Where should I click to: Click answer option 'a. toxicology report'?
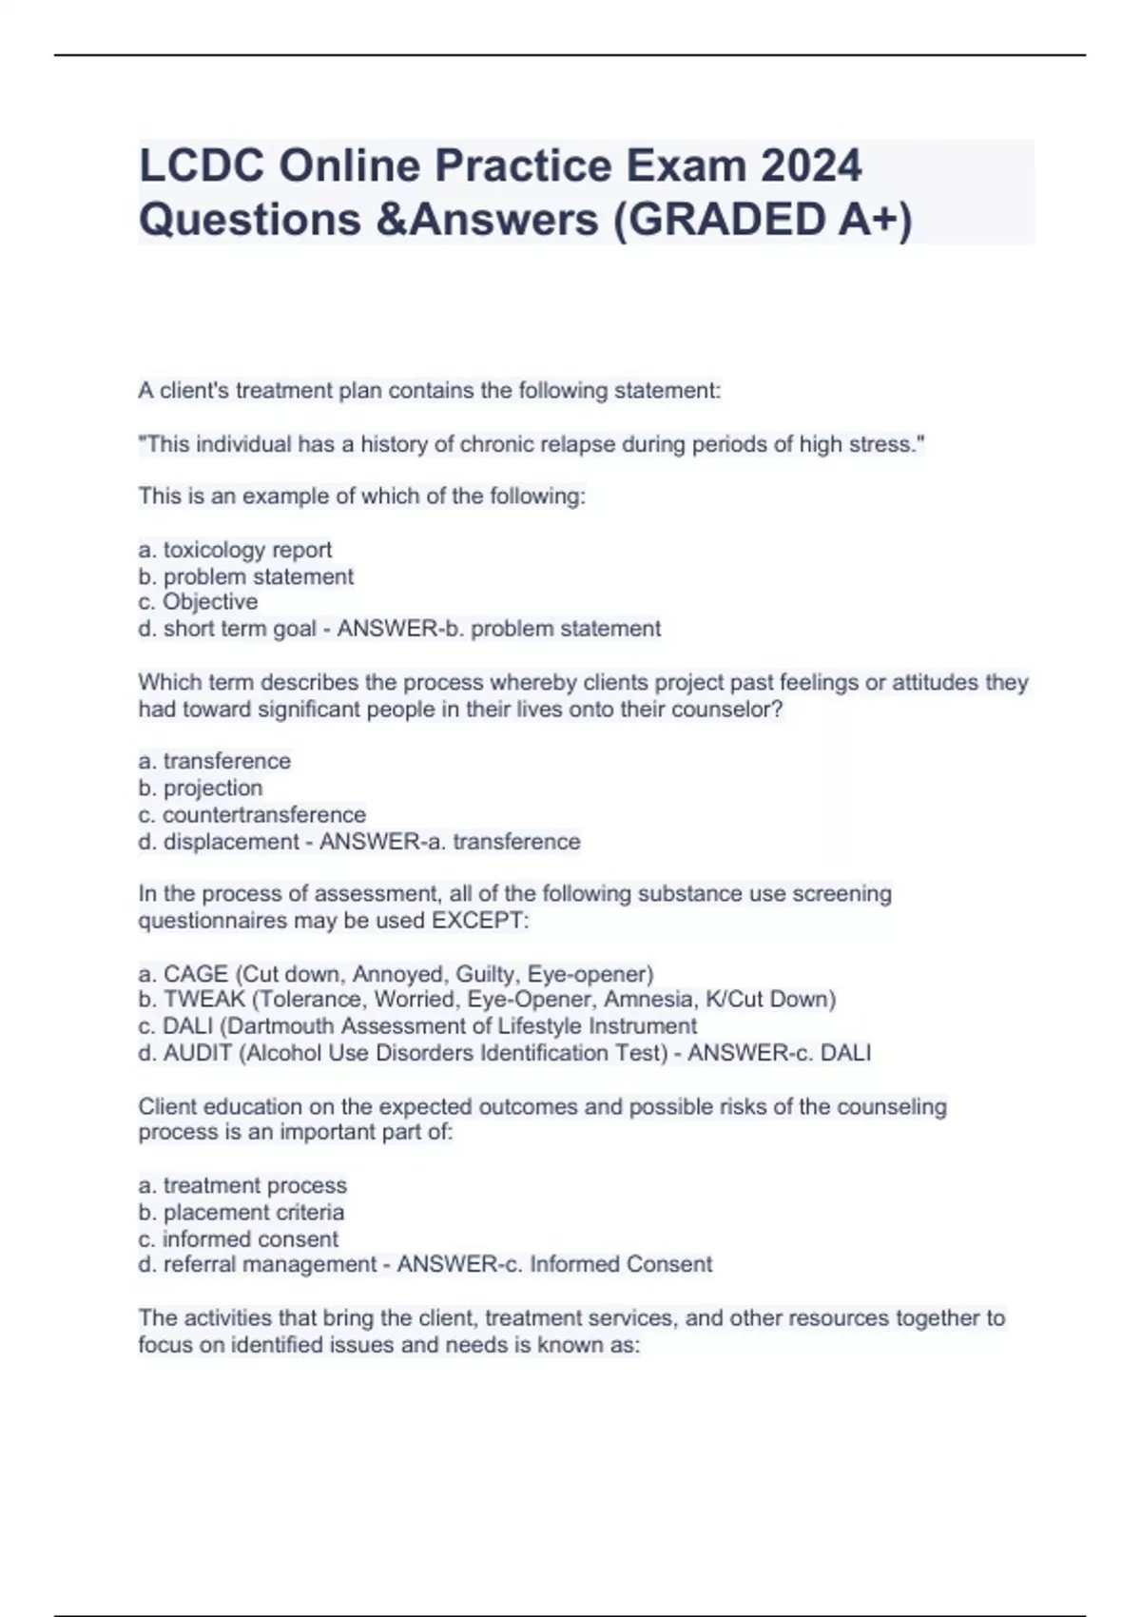point(235,550)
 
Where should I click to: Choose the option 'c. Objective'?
point(198,602)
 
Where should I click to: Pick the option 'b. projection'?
point(200,788)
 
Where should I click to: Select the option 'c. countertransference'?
point(252,814)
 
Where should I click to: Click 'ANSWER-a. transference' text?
point(450,842)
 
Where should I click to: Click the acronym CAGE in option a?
point(196,974)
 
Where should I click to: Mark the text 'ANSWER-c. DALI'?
point(779,1053)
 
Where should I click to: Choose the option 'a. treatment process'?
point(242,1185)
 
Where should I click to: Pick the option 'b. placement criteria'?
point(242,1212)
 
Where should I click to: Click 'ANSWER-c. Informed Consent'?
point(554,1264)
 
